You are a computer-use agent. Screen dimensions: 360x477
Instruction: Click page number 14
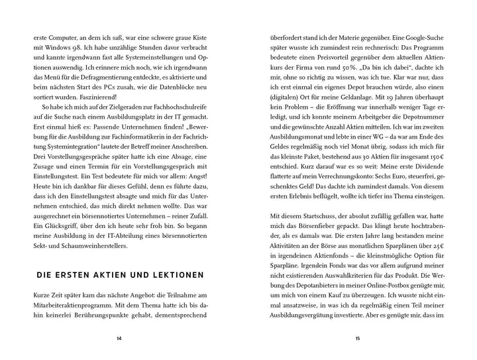pos(119,338)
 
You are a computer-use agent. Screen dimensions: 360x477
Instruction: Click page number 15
pos(358,338)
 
